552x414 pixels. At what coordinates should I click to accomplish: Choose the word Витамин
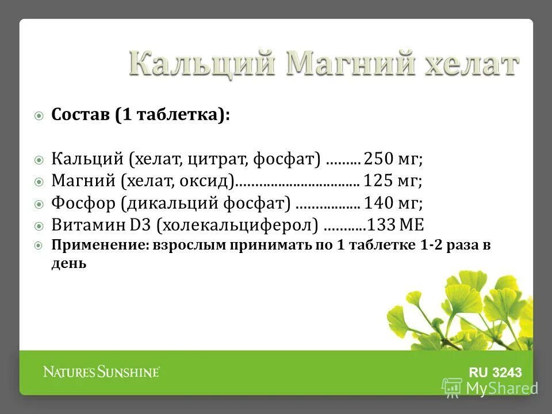[x=85, y=224]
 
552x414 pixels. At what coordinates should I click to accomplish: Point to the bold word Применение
[x=99, y=246]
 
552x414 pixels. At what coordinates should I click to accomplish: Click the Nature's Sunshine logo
[x=101, y=372]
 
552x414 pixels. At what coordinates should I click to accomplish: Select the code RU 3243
[x=496, y=373]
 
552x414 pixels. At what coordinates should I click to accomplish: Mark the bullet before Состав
[x=39, y=116]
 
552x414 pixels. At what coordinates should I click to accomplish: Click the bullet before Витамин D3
[x=39, y=225]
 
